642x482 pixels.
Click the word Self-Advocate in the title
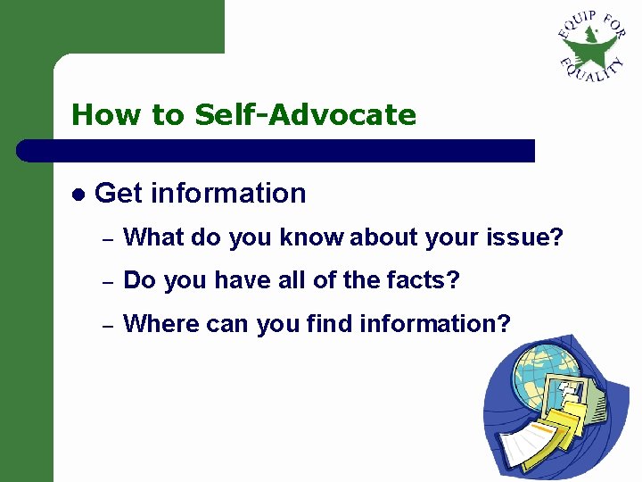pyautogui.click(x=305, y=115)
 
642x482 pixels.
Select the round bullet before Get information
pyautogui.click(x=78, y=194)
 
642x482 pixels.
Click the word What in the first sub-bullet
pyautogui.click(x=151, y=237)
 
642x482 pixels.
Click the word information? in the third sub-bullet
pyautogui.click(x=435, y=324)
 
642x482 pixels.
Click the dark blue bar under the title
pyautogui.click(x=276, y=151)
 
